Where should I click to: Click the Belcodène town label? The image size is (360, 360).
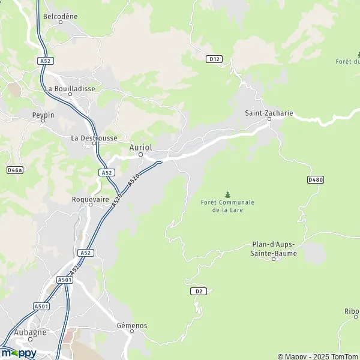click(61, 16)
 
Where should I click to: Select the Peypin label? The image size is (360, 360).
click(43, 113)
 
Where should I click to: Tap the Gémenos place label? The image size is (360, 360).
click(132, 326)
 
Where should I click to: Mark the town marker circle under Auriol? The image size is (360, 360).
click(140, 154)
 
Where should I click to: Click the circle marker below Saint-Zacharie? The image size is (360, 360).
click(269, 119)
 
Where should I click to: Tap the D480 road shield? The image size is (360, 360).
click(315, 179)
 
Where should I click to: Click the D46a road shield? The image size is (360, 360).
click(14, 170)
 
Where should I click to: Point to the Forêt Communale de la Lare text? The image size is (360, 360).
click(227, 206)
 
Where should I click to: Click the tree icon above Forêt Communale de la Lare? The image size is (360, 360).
click(227, 194)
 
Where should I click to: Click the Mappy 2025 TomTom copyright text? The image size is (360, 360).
click(317, 356)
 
